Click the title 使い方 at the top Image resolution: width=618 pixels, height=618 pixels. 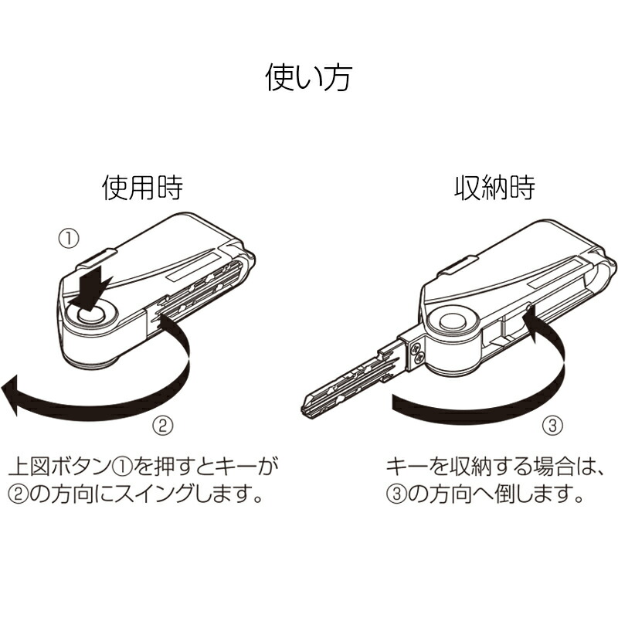[x=308, y=78]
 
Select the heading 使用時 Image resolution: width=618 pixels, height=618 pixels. [x=143, y=188]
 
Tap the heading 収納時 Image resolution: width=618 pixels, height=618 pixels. [x=494, y=188]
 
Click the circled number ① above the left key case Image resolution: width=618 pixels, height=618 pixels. [x=69, y=239]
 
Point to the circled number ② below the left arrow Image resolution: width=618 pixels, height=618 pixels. [x=163, y=426]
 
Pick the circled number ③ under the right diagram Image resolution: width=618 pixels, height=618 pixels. [x=553, y=426]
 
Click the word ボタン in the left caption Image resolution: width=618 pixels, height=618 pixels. [x=70, y=467]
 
